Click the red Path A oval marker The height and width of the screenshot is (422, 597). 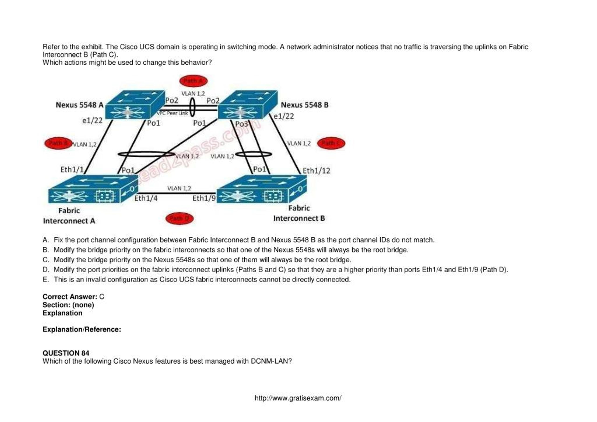coord(194,81)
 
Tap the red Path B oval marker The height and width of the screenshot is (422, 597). coord(58,143)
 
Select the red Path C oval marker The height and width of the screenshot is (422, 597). coord(331,143)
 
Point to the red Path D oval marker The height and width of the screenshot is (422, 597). coord(179,218)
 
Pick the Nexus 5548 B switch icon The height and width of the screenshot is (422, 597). coord(247,105)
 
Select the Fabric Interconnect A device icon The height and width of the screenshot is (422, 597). coord(93,189)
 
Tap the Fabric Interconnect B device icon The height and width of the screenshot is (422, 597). coord(262,189)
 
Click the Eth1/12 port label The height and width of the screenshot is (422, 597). coord(316,171)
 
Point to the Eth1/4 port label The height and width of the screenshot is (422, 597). coord(146,198)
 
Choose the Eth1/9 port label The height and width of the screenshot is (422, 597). coord(204,198)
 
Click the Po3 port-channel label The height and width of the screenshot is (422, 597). coord(241,124)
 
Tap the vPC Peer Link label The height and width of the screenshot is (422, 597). coord(172,113)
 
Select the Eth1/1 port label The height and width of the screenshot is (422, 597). coord(72,170)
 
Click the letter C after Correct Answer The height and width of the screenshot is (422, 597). coord(102,297)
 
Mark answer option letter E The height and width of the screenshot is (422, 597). coord(45,280)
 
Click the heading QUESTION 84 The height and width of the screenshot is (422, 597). coord(66,353)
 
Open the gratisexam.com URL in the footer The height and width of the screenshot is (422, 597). coord(298,398)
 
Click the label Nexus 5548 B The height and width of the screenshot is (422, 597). coord(305,105)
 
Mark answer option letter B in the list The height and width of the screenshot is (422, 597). coord(45,250)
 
